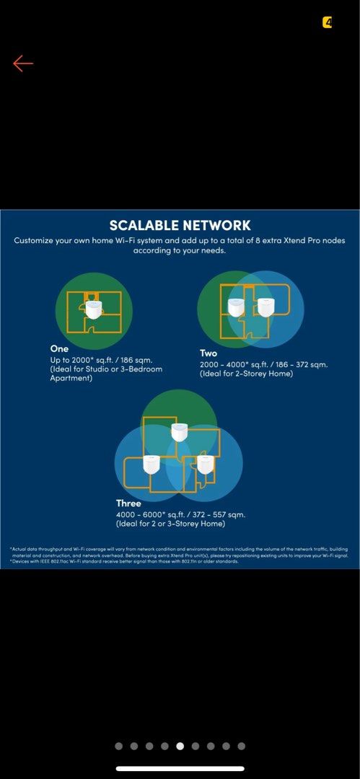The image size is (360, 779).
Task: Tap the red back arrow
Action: point(23,63)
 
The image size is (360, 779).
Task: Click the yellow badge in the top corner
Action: point(328,23)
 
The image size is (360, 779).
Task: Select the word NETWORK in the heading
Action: point(217,225)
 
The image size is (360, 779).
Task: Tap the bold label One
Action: point(59,348)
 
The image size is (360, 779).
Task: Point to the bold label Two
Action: point(208,353)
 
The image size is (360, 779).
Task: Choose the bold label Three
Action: point(128,503)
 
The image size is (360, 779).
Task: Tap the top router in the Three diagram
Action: point(180,431)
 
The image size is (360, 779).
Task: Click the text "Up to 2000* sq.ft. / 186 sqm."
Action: point(101,359)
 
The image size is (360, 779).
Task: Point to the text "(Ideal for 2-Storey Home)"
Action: point(246,374)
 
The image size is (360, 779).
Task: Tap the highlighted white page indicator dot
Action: point(180,746)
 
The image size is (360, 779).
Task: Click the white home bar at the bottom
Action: point(180,768)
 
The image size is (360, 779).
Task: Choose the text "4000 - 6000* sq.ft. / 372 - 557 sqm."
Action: point(180,514)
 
